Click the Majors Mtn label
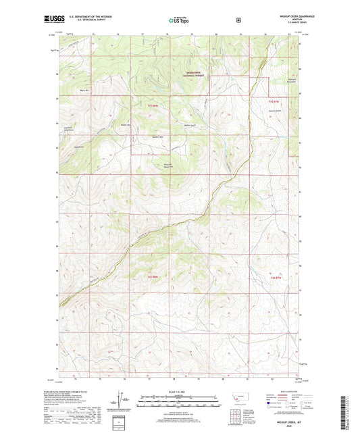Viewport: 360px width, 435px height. tap(84, 90)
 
